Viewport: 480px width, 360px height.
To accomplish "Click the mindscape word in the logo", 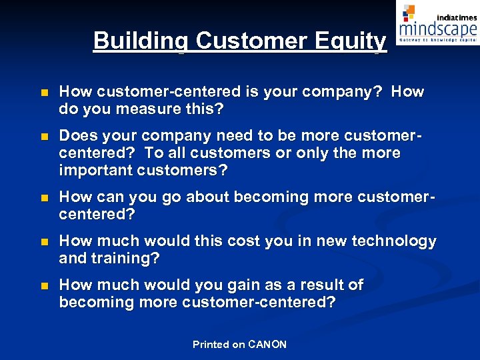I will (438, 29).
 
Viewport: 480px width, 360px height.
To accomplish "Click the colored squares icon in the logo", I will (409, 12).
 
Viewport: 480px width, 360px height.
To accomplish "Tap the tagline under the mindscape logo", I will (438, 40).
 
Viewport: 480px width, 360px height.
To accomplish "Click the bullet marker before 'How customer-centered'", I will (44, 93).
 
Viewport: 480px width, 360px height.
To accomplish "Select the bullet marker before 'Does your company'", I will (44, 137).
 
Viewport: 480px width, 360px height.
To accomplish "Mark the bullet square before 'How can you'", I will (44, 198).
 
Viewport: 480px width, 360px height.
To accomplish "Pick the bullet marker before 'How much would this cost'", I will (44, 242).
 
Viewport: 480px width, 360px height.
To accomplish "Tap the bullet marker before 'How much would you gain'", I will (44, 286).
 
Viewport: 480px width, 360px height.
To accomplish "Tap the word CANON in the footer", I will (267, 345).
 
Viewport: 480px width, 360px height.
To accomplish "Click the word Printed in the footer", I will (210, 345).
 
